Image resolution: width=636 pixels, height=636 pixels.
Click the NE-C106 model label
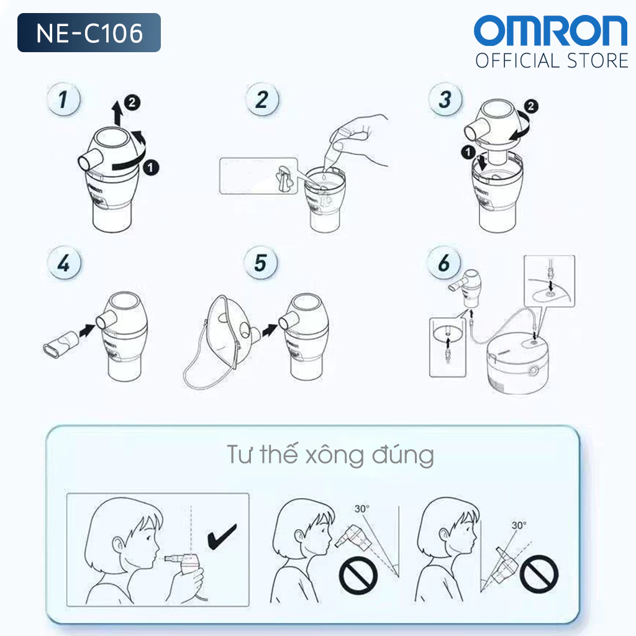pos(89,32)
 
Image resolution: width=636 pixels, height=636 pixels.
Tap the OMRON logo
pos(550,30)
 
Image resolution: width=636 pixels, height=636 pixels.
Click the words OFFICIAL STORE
pos(552,61)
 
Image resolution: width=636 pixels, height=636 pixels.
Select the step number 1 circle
pos(64,99)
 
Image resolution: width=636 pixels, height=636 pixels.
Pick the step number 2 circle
pos(263,99)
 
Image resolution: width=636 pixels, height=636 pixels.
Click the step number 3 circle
pos(445,99)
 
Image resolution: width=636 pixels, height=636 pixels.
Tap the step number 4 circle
pos(64,263)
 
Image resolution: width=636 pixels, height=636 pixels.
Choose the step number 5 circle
pos(261,263)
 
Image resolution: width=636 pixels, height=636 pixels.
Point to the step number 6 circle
pos(444,263)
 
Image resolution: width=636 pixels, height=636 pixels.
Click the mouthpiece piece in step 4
pos(60,344)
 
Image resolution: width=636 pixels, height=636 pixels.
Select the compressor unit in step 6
pos(518,363)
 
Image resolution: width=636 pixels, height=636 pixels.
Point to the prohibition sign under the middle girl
pos(358,575)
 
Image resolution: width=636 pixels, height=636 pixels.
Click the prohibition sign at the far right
pos(539,574)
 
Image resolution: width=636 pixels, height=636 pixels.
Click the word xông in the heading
pos(335,456)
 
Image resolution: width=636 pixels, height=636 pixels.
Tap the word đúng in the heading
pos(403,455)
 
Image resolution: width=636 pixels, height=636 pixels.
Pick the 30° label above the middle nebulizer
pos(362,509)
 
